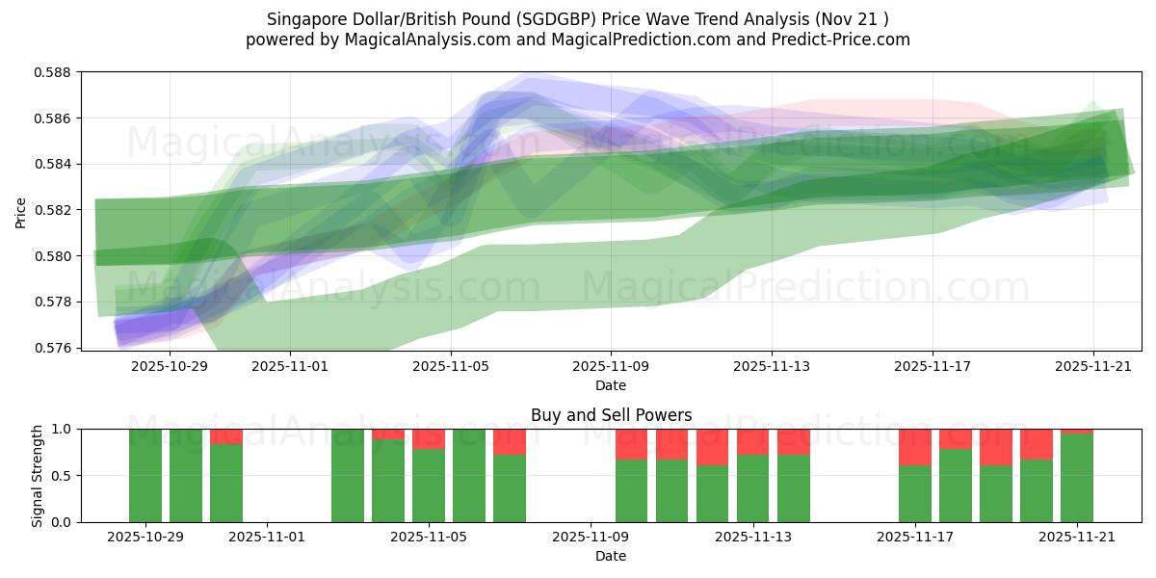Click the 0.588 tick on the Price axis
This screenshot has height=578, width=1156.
54,72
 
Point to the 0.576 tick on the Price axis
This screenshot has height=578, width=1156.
54,348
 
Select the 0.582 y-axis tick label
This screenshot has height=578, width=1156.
54,210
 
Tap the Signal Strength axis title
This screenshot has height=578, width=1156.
38,475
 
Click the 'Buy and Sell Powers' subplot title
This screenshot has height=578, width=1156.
611,416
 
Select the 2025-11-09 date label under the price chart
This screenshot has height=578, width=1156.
611,367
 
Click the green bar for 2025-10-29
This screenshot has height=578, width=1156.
145,476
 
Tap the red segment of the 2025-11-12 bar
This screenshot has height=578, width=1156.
713,447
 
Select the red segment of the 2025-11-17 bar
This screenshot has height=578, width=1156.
915,447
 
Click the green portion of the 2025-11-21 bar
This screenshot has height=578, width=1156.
1077,478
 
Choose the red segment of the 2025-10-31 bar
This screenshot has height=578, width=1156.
226,436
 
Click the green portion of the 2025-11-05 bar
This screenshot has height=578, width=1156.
429,486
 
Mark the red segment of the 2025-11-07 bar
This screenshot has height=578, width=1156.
510,441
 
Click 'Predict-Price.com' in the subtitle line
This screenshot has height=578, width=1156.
843,39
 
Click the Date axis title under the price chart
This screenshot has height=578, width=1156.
611,385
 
